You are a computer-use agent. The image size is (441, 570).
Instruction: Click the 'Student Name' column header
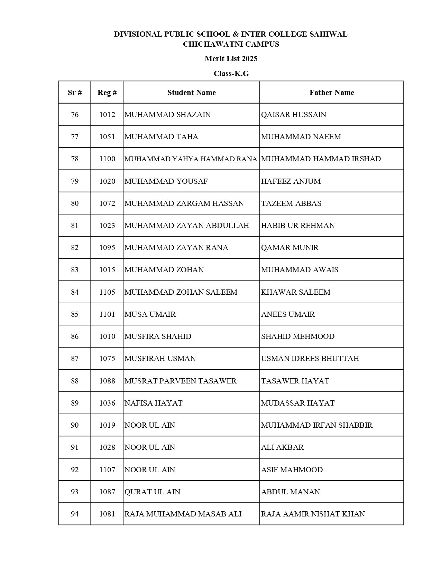pyautogui.click(x=191, y=93)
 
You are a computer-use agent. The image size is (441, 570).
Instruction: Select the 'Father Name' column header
pyautogui.click(x=331, y=93)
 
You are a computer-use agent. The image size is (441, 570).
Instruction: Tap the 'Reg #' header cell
pyautogui.click(x=107, y=93)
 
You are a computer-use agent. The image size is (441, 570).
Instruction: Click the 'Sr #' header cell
pyautogui.click(x=75, y=93)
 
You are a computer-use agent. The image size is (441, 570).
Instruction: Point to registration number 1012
pyautogui.click(x=107, y=115)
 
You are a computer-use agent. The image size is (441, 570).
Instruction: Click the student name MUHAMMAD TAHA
pyautogui.click(x=161, y=137)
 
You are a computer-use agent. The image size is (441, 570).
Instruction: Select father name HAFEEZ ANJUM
pyautogui.click(x=291, y=181)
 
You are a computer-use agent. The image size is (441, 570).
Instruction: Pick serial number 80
pyautogui.click(x=75, y=203)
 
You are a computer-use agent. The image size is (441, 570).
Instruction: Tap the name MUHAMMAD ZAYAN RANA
pyautogui.click(x=176, y=248)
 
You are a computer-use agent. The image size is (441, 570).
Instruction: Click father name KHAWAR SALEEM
pyautogui.click(x=296, y=292)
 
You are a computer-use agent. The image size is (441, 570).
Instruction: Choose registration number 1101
pyautogui.click(x=107, y=314)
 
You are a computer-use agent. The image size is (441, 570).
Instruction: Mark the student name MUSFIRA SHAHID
pyautogui.click(x=158, y=336)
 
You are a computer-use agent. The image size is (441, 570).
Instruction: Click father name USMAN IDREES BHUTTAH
pyautogui.click(x=310, y=359)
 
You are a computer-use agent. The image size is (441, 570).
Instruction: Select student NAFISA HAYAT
pyautogui.click(x=153, y=403)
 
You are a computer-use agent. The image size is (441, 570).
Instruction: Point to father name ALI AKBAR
pyautogui.click(x=282, y=447)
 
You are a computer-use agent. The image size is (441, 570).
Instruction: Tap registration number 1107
pyautogui.click(x=107, y=470)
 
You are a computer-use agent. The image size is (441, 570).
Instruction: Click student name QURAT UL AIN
pyautogui.click(x=152, y=492)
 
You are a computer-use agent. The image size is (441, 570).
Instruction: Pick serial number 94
pyautogui.click(x=75, y=514)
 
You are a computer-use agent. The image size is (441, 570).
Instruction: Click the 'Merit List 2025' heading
pyautogui.click(x=231, y=59)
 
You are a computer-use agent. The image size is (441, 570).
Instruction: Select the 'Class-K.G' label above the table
pyautogui.click(x=231, y=74)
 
